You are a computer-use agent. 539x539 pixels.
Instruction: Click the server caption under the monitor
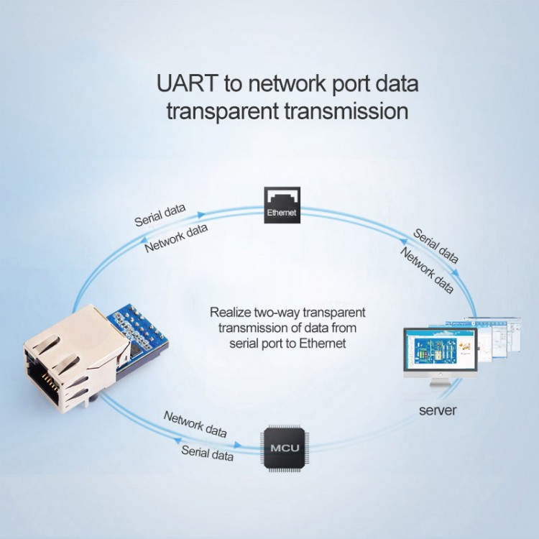(437, 411)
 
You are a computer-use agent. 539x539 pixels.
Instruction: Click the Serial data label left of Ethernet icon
(160, 215)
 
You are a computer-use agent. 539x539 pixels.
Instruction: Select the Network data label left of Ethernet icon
(177, 237)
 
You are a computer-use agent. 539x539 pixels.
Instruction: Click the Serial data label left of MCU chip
(207, 453)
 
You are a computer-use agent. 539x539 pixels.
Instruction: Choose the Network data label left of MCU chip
(195, 425)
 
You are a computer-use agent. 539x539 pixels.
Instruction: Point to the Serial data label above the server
(436, 246)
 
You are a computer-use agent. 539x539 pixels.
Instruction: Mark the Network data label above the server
(426, 270)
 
